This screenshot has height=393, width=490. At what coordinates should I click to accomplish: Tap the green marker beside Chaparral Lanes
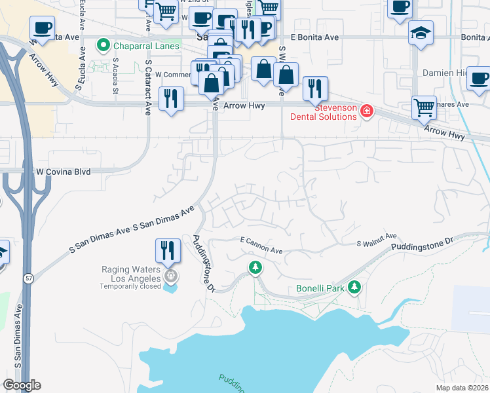[x=103, y=45]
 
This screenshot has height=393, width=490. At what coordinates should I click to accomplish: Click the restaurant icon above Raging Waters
[x=167, y=250]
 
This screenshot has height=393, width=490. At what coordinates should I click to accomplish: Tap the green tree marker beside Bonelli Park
[x=354, y=287]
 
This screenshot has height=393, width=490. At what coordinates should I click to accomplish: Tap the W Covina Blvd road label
[x=63, y=172]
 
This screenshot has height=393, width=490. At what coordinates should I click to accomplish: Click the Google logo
[x=22, y=385]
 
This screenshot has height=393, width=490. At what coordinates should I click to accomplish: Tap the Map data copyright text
[x=462, y=388]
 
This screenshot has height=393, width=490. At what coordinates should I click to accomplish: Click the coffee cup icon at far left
[x=43, y=28]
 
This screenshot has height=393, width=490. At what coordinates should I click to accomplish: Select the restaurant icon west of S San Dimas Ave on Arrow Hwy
[x=172, y=98]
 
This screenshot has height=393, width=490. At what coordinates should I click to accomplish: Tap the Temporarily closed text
[x=131, y=287]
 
